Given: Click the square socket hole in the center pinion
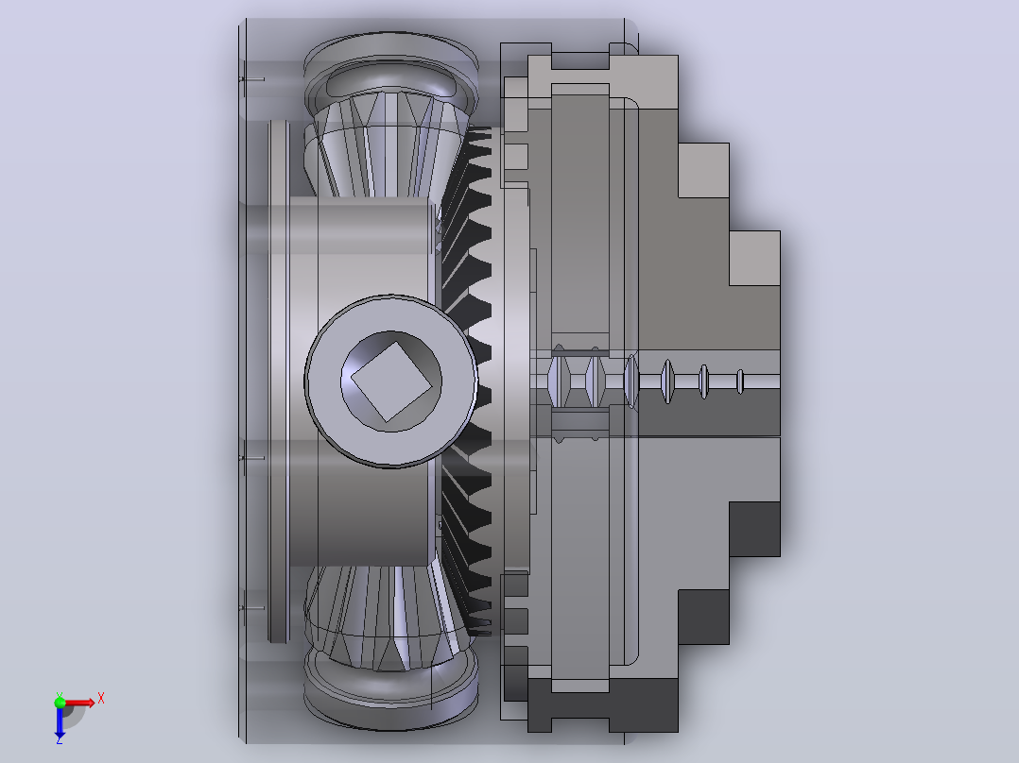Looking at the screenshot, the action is (x=392, y=381).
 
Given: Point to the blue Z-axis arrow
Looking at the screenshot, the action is (x=60, y=721).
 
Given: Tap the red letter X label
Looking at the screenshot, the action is (x=101, y=699).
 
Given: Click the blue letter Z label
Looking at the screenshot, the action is (x=60, y=739).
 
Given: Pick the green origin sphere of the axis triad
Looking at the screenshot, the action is (x=60, y=702).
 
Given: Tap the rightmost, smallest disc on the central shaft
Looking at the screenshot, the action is (x=739, y=381).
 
